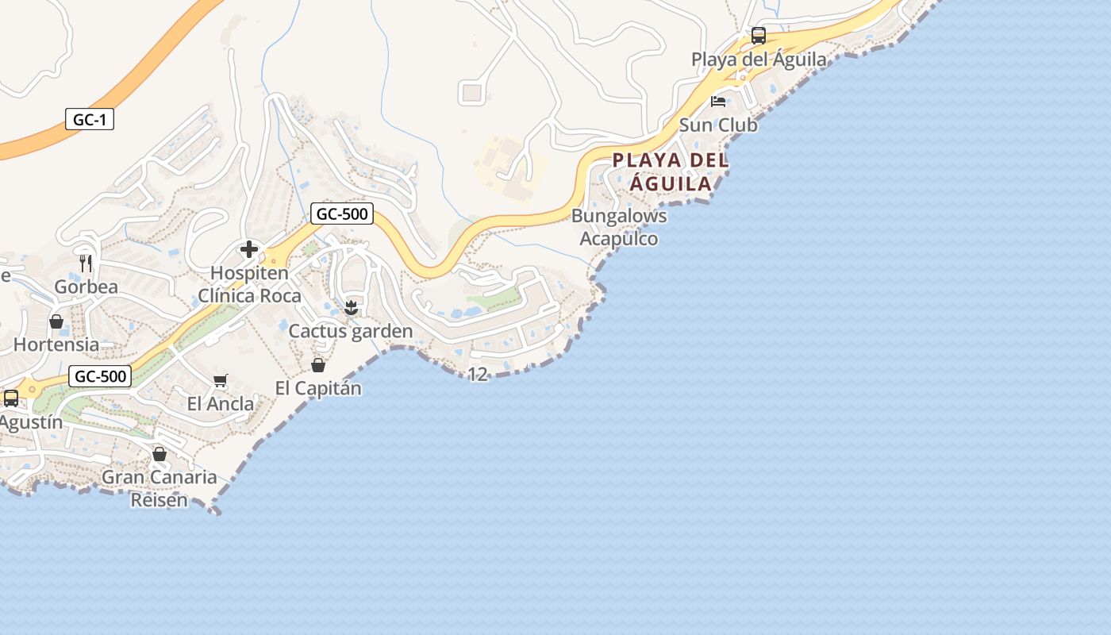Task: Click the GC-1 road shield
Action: tap(90, 120)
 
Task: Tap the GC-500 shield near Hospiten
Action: tap(342, 213)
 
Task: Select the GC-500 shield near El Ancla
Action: tap(99, 376)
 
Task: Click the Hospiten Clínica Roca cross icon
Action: tap(249, 250)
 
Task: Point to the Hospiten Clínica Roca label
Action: tap(249, 284)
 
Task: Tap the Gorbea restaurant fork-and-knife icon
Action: tap(86, 263)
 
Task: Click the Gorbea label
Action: tap(86, 287)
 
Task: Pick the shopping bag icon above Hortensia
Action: tap(56, 321)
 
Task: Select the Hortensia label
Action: tap(56, 344)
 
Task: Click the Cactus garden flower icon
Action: tap(351, 307)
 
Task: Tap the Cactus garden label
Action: tap(351, 331)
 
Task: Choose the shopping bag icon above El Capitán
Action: tap(318, 365)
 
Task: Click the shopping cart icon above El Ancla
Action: tap(221, 381)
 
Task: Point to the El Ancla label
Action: tap(221, 403)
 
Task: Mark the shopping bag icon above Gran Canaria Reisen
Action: tap(160, 454)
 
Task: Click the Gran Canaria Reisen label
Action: tap(160, 488)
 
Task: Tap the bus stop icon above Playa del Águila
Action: tap(759, 36)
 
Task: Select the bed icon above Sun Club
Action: tap(718, 102)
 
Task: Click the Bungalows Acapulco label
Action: tap(619, 227)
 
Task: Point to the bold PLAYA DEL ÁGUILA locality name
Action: tap(671, 171)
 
